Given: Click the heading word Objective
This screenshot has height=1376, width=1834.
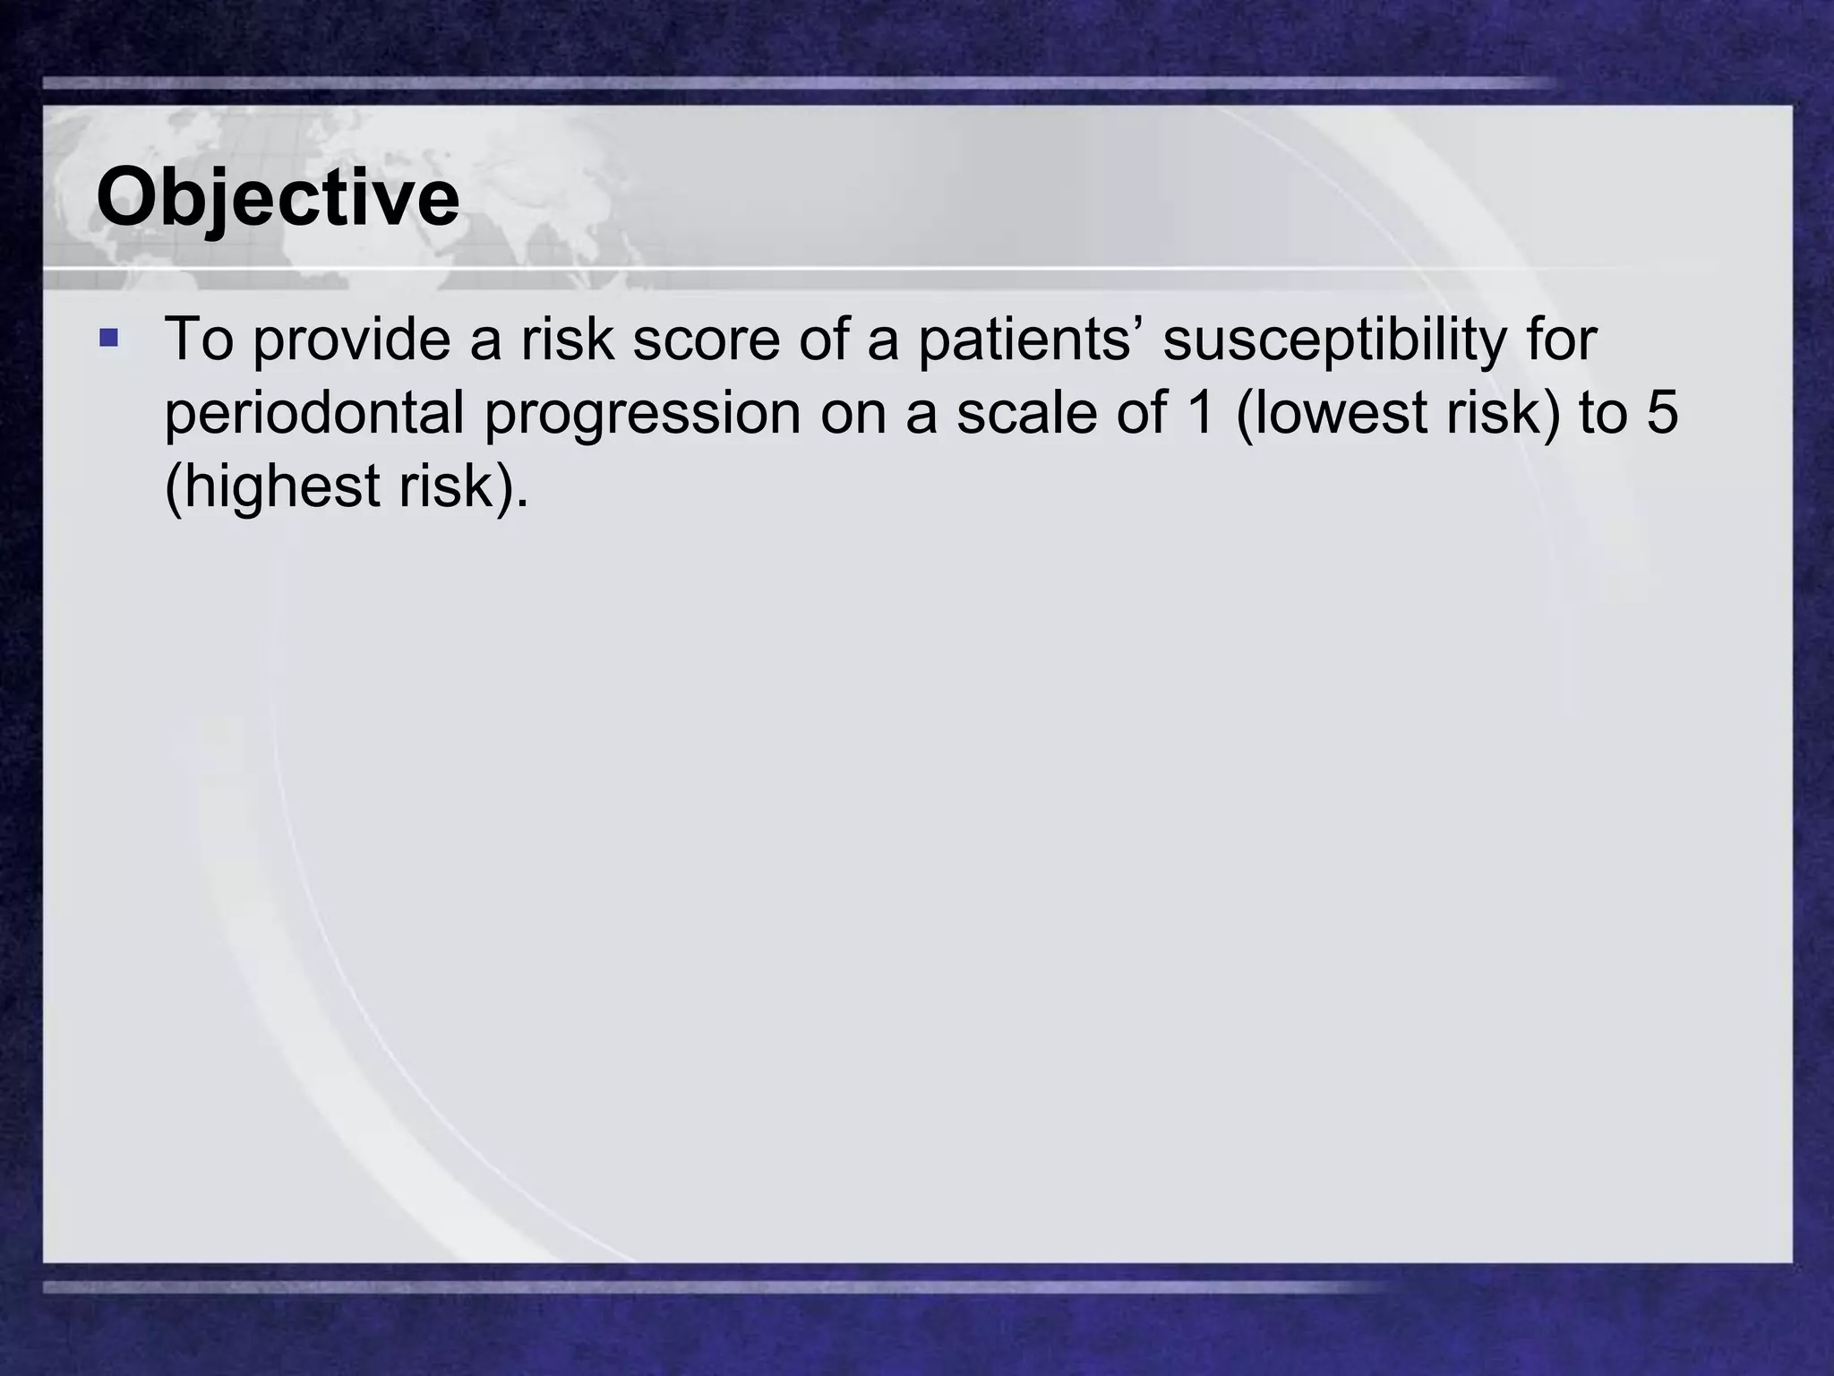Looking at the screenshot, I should pyautogui.click(x=278, y=199).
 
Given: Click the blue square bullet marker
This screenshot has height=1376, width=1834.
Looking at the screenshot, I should pyautogui.click(x=108, y=339).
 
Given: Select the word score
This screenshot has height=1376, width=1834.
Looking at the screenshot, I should pyautogui.click(x=706, y=340).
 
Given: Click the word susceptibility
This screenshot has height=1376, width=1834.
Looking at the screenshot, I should pyautogui.click(x=1334, y=340).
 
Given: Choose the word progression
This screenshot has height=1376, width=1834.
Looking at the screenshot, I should pyautogui.click(x=642, y=414).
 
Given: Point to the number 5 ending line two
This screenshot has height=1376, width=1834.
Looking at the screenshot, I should pyautogui.click(x=1661, y=414).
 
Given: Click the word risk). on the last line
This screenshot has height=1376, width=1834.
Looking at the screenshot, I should pyautogui.click(x=463, y=487).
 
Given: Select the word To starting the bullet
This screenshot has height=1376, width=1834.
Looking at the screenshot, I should pyautogui.click(x=199, y=340).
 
